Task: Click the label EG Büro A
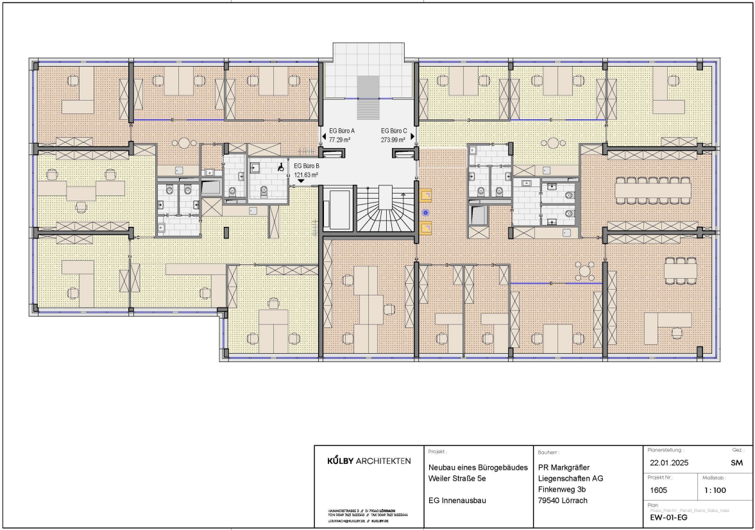click(342, 131)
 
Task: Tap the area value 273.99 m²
click(393, 139)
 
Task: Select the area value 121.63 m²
click(306, 174)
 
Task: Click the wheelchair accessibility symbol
click(280, 169)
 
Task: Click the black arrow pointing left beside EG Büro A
click(323, 135)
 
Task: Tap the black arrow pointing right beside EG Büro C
click(412, 135)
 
